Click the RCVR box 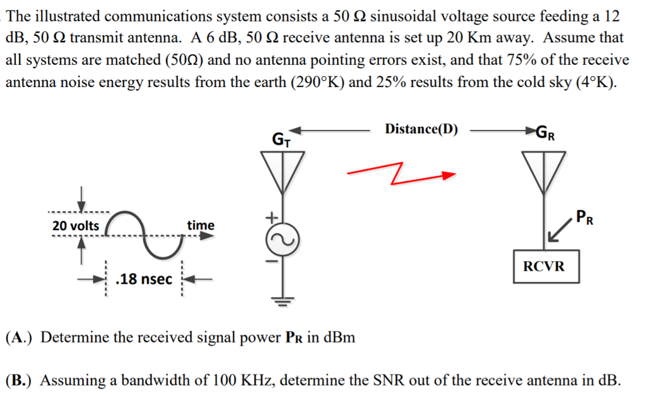[x=544, y=266]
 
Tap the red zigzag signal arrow [x=401, y=173]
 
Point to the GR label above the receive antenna [x=546, y=132]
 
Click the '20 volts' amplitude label [x=76, y=226]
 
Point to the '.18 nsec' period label [x=145, y=278]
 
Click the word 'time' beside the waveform [x=201, y=225]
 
